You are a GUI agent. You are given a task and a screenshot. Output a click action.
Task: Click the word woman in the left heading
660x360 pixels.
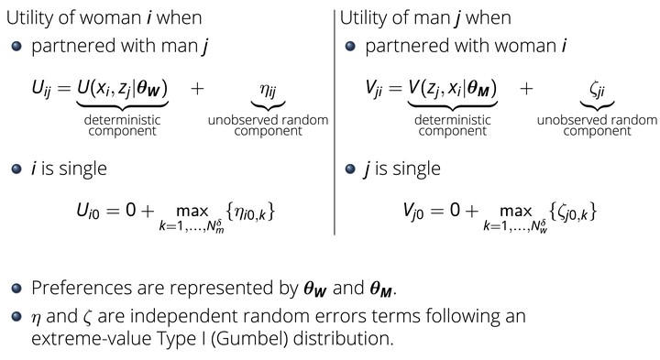click(110, 18)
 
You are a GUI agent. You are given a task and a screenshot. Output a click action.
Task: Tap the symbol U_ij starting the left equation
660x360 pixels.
click(41, 89)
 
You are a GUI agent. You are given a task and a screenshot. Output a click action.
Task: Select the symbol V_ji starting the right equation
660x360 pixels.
click(373, 89)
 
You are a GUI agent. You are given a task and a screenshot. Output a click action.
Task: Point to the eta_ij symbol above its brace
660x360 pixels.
click(268, 90)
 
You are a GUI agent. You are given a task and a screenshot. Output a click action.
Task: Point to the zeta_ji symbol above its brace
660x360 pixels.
click(598, 90)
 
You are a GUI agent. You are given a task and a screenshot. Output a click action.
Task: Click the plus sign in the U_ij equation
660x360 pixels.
click(197, 89)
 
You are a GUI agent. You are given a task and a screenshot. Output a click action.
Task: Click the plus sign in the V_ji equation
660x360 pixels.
click(526, 89)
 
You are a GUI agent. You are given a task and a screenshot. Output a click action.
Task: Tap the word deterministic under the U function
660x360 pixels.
click(122, 120)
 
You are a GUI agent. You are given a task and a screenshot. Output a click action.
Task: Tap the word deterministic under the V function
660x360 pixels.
click(453, 120)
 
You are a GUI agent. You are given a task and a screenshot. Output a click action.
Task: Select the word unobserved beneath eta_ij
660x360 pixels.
click(239, 120)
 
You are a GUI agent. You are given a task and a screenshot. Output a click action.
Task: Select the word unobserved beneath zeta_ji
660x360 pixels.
click(568, 120)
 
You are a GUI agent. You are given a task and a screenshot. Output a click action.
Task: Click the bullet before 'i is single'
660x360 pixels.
click(16, 169)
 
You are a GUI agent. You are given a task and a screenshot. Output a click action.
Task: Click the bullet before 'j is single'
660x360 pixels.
click(350, 169)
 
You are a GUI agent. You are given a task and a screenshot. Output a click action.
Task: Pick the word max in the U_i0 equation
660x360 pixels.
click(192, 211)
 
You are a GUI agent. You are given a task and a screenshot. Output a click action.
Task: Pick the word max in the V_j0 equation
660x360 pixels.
click(516, 211)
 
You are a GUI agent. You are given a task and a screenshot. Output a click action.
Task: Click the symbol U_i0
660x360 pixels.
click(88, 211)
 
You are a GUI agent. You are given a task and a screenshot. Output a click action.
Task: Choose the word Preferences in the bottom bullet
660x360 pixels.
click(81, 288)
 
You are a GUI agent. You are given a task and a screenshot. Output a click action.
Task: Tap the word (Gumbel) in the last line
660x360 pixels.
click(249, 339)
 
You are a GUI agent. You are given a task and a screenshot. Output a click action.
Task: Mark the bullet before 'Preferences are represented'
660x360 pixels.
click(16, 289)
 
